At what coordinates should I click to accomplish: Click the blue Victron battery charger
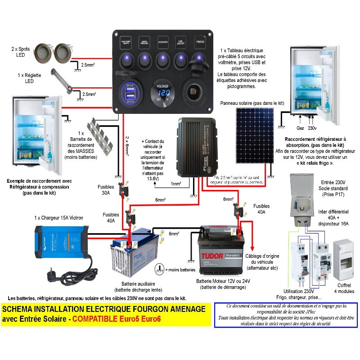point(61,238)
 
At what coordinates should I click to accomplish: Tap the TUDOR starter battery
point(222,250)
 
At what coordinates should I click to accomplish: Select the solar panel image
point(254,135)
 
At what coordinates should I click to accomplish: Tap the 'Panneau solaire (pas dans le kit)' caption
point(252,103)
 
